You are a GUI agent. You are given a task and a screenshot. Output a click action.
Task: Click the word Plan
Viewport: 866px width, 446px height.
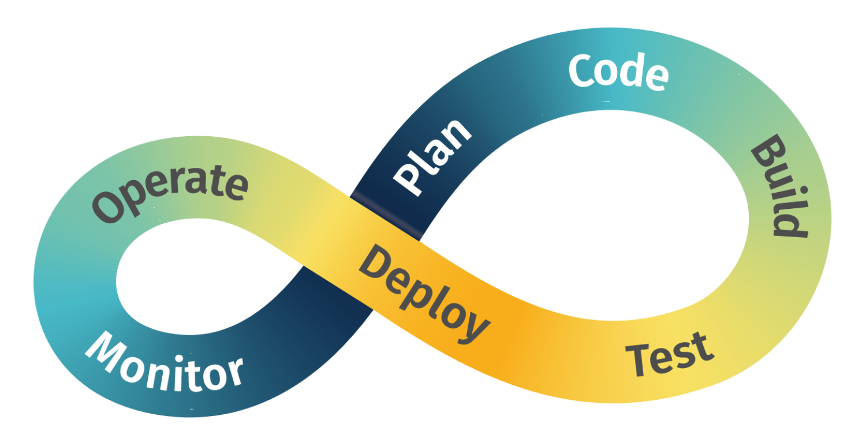tap(432, 156)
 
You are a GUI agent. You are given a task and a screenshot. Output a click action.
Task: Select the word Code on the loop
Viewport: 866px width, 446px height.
tap(618, 73)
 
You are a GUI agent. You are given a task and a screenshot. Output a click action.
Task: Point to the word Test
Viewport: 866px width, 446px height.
tap(670, 353)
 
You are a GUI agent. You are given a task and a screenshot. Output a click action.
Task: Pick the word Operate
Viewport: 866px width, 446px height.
tap(170, 193)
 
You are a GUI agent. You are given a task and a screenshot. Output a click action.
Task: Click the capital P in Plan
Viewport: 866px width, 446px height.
tap(407, 179)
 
